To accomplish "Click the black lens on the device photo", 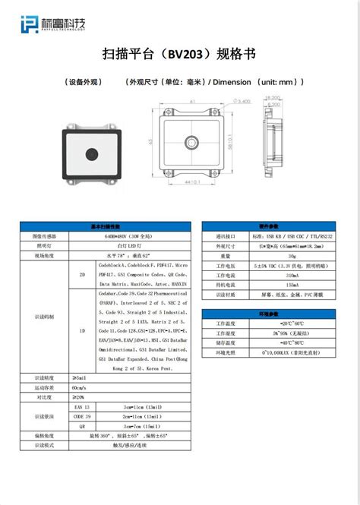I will pos(89,154).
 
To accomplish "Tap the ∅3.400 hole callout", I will pos(241,101).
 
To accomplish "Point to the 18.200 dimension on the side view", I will pos(273,97).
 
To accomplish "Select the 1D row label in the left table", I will pos(82,331).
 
